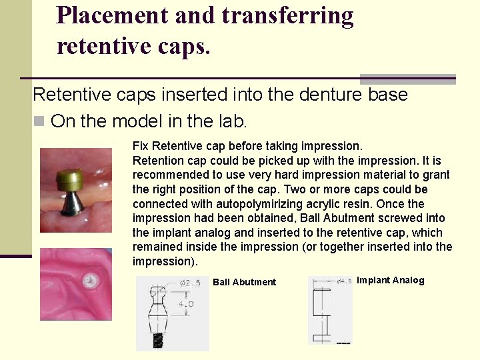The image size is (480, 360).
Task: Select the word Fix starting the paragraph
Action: tap(141, 145)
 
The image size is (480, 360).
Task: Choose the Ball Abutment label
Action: tap(244, 282)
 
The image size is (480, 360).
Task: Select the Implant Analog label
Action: tap(391, 280)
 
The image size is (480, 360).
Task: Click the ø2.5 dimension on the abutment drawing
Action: tap(190, 283)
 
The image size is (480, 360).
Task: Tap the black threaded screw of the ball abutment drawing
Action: tap(159, 339)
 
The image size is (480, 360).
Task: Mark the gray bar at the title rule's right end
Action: tap(407, 79)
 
